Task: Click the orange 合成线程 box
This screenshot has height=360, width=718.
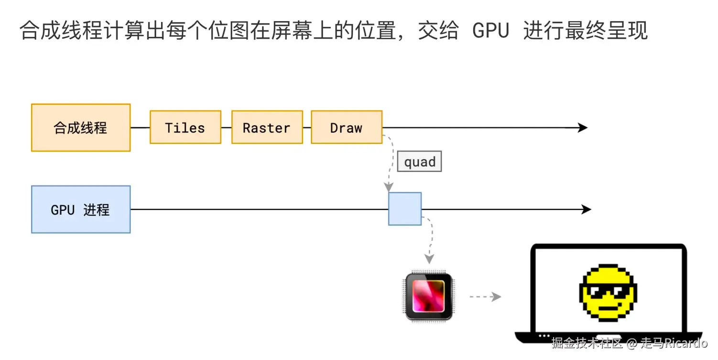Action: (81, 128)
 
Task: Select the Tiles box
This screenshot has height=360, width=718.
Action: (185, 128)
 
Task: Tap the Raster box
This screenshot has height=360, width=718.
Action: (267, 128)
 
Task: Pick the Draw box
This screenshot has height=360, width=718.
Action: (347, 128)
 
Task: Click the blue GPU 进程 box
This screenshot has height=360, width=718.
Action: (81, 209)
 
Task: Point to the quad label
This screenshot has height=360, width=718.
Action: (419, 162)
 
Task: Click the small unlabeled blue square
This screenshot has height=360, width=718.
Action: (405, 209)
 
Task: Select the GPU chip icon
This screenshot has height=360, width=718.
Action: (428, 296)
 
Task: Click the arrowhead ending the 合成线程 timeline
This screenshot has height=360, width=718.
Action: (582, 128)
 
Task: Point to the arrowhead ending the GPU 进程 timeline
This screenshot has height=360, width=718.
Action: (586, 209)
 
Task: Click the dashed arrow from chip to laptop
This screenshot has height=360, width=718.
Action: (484, 297)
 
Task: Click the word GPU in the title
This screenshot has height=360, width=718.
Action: (490, 31)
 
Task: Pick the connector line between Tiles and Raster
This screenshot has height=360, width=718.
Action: (227, 128)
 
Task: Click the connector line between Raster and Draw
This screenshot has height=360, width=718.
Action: (307, 128)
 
